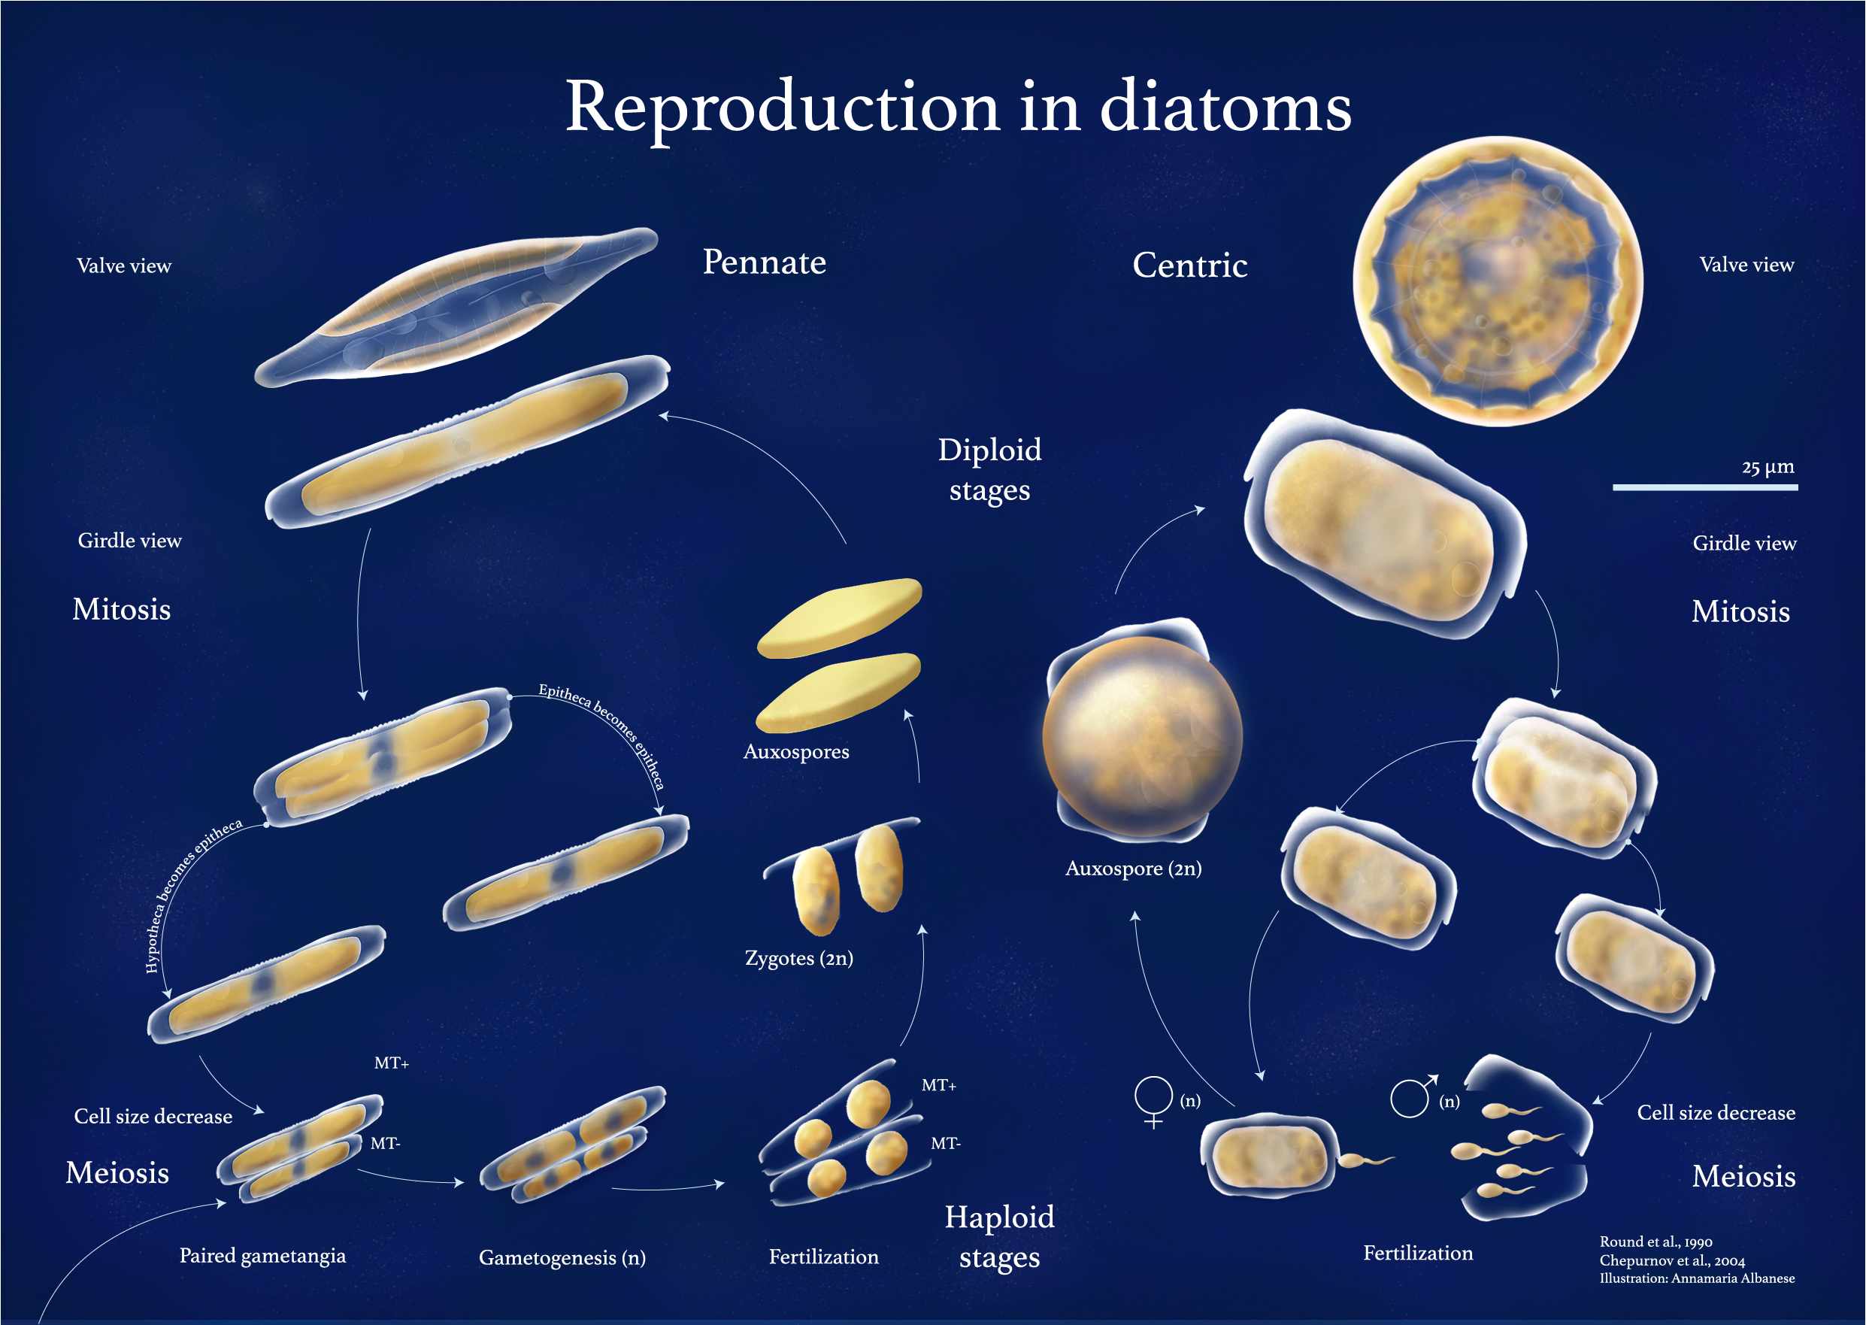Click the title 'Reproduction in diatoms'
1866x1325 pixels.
tap(959, 108)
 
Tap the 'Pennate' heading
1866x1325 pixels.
tap(764, 262)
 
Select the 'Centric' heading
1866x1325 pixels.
tap(1190, 265)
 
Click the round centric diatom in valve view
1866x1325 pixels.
tap(1498, 280)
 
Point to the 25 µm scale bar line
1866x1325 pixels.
tap(1704, 487)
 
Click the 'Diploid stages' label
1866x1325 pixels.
tap(989, 470)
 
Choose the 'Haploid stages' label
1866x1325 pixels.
tap(999, 1237)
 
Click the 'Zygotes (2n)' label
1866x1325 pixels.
tap(798, 958)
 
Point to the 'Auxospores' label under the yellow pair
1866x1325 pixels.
tap(796, 751)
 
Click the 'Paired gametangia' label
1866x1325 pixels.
tap(262, 1256)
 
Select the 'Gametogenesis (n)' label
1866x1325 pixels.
tap(562, 1257)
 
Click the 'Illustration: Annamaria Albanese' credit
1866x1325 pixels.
tap(1696, 1278)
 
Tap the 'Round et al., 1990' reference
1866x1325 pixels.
tap(1655, 1242)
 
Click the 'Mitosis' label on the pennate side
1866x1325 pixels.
tap(122, 609)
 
